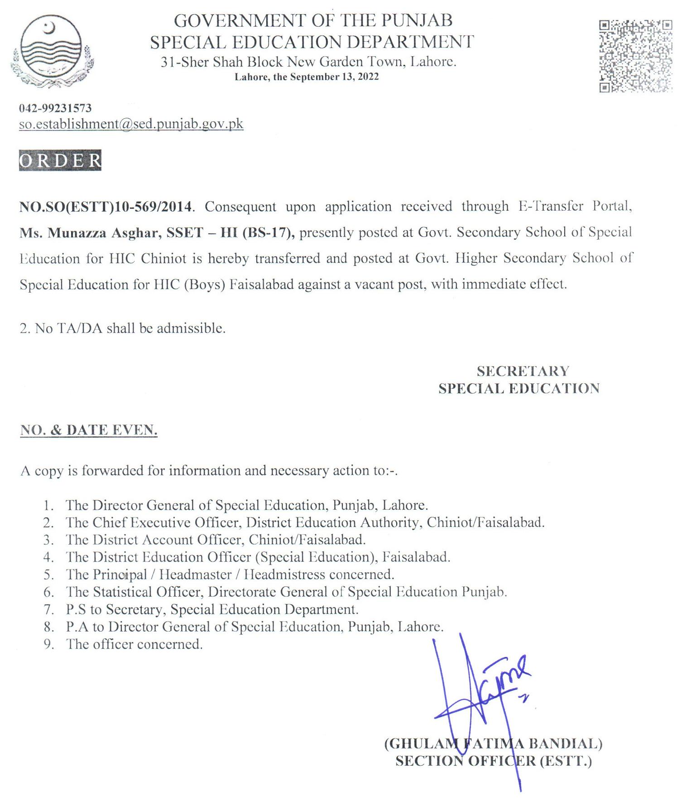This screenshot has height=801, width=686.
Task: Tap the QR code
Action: pos(635,56)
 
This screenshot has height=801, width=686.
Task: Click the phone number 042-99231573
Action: pos(55,108)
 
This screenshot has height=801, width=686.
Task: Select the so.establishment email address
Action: pos(131,124)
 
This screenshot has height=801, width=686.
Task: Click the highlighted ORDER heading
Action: pos(60,160)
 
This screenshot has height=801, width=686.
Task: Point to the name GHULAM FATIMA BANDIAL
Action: pos(493,743)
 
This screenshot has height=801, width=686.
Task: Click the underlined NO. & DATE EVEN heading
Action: pos(89,430)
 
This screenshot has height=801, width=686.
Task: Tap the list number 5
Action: pos(48,575)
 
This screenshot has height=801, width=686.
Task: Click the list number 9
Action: pos(48,644)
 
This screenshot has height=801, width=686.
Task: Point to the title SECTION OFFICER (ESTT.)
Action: pos(493,761)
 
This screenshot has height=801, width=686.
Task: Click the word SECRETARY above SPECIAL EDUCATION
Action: pos(523,371)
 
